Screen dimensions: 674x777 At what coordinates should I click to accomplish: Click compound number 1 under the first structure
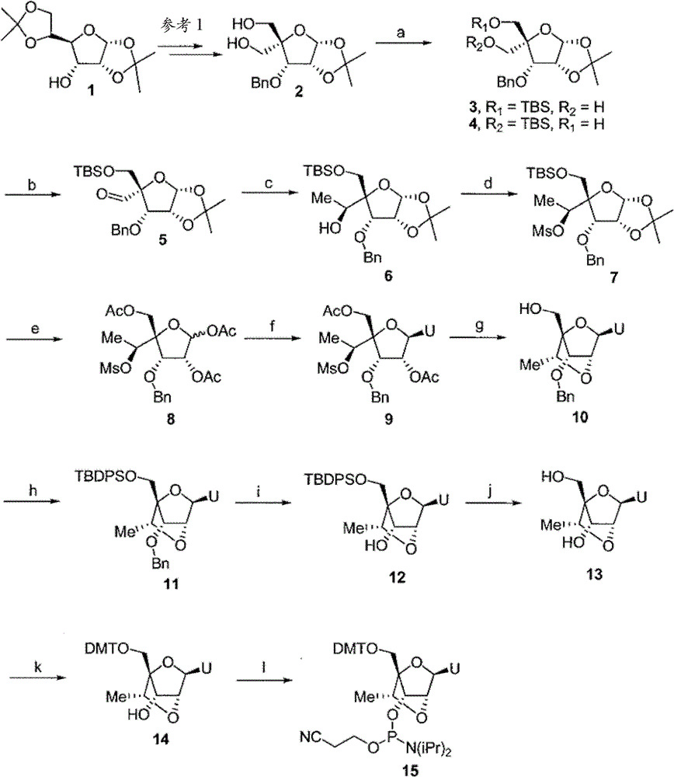click(91, 91)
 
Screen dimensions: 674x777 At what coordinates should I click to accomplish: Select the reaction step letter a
click(401, 33)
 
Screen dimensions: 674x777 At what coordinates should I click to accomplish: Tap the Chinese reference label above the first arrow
click(182, 26)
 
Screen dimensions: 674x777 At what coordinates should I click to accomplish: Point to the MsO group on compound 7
click(548, 231)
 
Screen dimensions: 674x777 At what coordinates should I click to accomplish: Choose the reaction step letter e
click(34, 329)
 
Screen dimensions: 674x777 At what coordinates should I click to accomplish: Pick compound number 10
click(579, 417)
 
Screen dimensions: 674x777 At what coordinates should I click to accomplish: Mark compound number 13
click(594, 574)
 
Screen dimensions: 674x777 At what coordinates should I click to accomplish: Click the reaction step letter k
click(37, 666)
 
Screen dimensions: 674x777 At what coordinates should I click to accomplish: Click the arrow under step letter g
click(478, 336)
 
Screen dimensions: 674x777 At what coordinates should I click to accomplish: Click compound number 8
click(171, 420)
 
